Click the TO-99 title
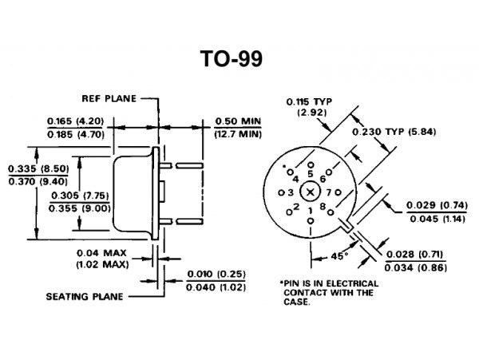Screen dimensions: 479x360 pyautogui.click(x=232, y=58)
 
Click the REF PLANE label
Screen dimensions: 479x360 pyautogui.click(x=109, y=99)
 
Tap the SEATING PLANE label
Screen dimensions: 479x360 pyautogui.click(x=85, y=296)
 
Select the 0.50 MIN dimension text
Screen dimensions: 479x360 pyautogui.click(x=238, y=121)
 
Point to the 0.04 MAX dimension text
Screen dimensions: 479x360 pyautogui.click(x=101, y=253)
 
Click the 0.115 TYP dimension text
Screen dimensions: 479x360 pyautogui.click(x=309, y=101)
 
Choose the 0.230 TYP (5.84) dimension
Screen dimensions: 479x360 pyautogui.click(x=394, y=132)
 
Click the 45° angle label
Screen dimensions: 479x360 pyautogui.click(x=339, y=256)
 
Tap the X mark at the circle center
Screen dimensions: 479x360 pyautogui.click(x=310, y=192)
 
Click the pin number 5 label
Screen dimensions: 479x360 pyautogui.click(x=311, y=174)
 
